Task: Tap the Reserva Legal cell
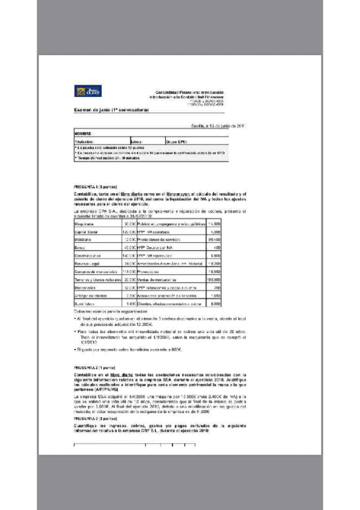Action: [88, 263]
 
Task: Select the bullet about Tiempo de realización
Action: [108, 159]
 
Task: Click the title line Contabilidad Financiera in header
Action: [189, 91]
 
